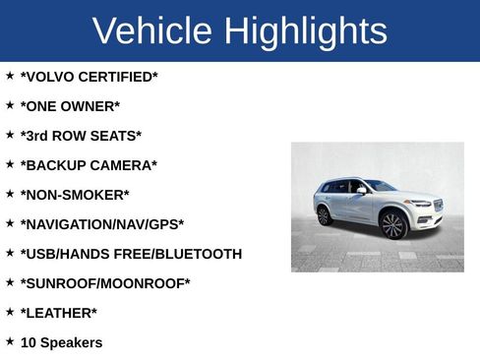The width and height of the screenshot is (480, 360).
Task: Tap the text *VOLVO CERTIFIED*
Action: (89, 77)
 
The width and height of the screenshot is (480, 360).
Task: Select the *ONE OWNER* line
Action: (70, 106)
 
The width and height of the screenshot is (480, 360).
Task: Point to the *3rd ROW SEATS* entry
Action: (81, 136)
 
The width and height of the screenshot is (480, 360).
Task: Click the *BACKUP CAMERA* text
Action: (89, 165)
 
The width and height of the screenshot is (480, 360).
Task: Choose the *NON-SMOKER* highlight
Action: (75, 195)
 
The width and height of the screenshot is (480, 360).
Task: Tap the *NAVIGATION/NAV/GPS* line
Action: (102, 224)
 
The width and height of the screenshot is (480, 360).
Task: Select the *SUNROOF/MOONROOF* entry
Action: (105, 283)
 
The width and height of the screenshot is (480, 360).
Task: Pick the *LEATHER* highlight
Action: (59, 313)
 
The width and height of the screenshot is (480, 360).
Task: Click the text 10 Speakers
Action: (61, 342)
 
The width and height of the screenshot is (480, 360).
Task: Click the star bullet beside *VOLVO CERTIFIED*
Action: (10, 75)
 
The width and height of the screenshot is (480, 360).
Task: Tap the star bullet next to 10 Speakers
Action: (10, 340)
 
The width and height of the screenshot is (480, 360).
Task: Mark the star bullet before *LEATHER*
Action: (10, 311)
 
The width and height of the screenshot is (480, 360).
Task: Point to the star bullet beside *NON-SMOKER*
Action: (10, 193)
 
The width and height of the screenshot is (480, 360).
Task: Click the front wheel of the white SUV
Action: (393, 225)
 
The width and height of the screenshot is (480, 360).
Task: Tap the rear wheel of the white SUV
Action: (325, 215)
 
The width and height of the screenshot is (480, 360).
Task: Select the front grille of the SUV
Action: (438, 207)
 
